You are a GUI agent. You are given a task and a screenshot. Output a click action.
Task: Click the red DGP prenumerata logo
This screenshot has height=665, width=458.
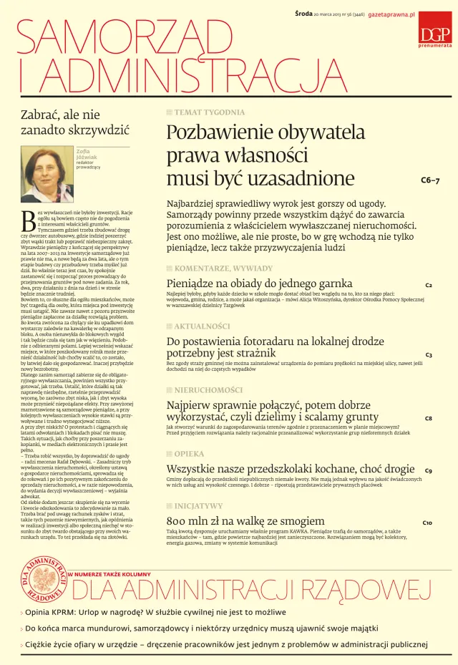coord(434,29)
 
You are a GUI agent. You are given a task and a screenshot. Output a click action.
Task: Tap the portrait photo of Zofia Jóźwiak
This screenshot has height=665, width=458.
coord(47,176)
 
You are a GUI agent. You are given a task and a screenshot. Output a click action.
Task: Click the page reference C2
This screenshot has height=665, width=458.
coord(428,286)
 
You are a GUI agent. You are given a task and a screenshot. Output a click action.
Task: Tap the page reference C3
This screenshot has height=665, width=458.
coord(428,355)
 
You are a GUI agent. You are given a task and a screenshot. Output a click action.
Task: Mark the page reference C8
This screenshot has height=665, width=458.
coord(428,418)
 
